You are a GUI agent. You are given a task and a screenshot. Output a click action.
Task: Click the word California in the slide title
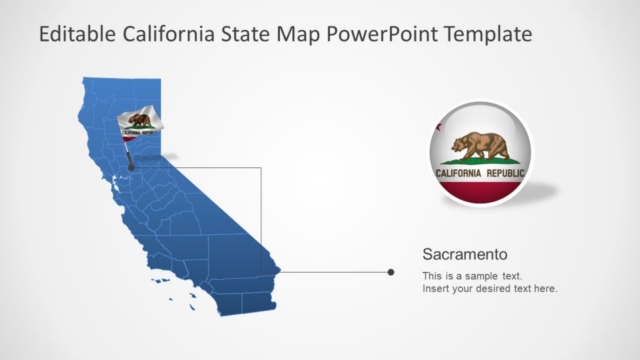tap(168, 34)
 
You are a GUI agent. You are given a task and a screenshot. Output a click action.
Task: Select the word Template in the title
tap(489, 34)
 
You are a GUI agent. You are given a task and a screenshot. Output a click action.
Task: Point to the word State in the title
tap(246, 34)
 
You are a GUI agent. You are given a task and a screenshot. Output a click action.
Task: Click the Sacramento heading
tap(464, 254)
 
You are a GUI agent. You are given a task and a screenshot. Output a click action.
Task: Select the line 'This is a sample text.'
tap(472, 276)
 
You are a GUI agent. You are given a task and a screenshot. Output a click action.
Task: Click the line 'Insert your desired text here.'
tap(489, 289)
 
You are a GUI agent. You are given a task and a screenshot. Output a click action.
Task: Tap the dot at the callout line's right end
tap(391, 272)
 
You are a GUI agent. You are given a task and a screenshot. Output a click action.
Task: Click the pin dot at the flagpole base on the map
tap(131, 167)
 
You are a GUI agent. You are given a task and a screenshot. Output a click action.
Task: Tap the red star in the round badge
tap(438, 127)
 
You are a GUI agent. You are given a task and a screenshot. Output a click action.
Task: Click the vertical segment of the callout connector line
tap(261, 219)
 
